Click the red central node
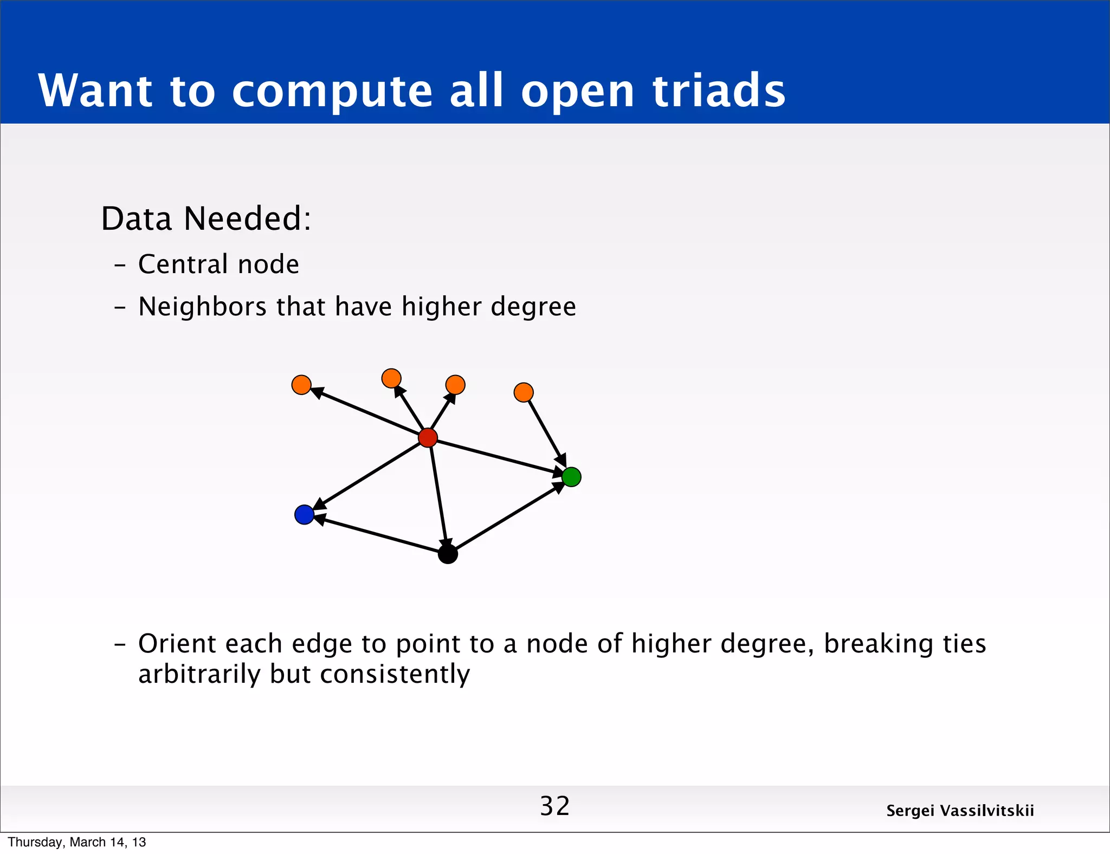pyautogui.click(x=428, y=437)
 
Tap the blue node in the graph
pyautogui.click(x=304, y=514)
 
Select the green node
pyautogui.click(x=571, y=477)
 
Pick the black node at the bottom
pyautogui.click(x=448, y=554)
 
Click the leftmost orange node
pyautogui.click(x=301, y=385)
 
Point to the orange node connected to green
pyautogui.click(x=523, y=392)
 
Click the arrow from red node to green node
pyautogui.click(x=499, y=457)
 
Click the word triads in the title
pyautogui.click(x=719, y=90)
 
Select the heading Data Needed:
pyautogui.click(x=206, y=218)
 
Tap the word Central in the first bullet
pyautogui.click(x=183, y=264)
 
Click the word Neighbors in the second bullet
pyautogui.click(x=202, y=307)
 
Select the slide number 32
pyautogui.click(x=554, y=806)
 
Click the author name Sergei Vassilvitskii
pyautogui.click(x=960, y=811)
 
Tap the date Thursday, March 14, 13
pyautogui.click(x=77, y=842)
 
